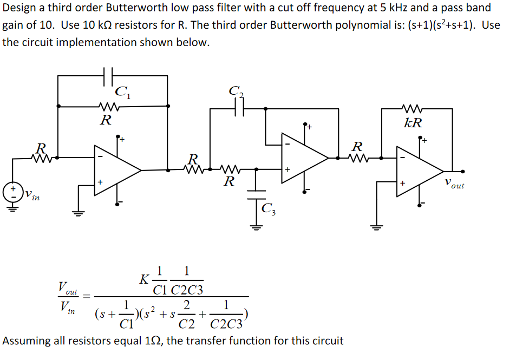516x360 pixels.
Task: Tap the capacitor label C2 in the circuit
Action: (237, 92)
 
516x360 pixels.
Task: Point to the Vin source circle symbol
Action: (11, 193)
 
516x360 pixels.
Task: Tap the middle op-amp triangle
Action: (303, 158)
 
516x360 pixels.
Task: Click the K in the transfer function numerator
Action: (144, 279)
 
